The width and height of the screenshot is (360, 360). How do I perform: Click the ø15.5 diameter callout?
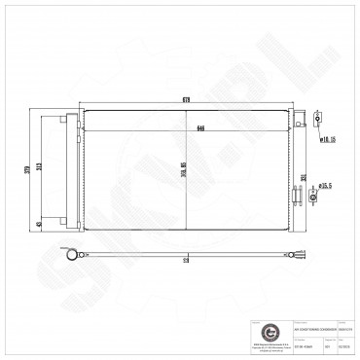click(329, 185)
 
